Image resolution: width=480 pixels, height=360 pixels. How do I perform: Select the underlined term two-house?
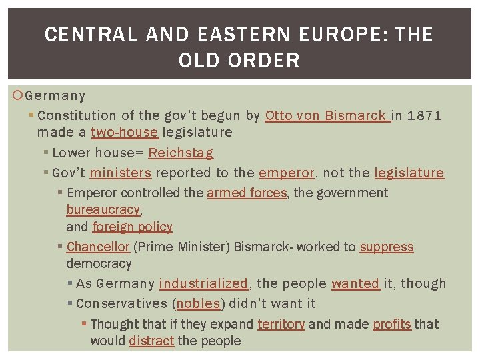124,132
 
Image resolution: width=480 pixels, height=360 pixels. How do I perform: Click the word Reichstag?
181,153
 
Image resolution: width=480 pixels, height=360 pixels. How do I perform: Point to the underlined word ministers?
121,173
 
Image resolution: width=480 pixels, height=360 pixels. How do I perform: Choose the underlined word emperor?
286,173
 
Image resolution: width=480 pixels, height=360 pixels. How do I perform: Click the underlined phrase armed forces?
247,193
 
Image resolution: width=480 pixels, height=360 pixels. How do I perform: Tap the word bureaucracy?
103,209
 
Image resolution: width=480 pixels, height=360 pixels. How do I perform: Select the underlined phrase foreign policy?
132,227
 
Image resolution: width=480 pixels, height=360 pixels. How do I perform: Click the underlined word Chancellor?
98,247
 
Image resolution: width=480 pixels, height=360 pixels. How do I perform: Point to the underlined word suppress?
387,247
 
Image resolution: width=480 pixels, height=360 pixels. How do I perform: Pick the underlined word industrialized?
203,283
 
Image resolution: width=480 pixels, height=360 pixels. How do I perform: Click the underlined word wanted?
355,283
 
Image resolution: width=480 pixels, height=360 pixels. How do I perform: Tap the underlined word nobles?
198,303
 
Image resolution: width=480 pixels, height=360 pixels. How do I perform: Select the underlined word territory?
281,324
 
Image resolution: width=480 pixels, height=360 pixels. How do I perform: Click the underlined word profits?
391,324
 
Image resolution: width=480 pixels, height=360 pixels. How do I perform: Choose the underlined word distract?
151,341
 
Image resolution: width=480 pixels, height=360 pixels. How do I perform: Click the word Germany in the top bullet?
55,96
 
